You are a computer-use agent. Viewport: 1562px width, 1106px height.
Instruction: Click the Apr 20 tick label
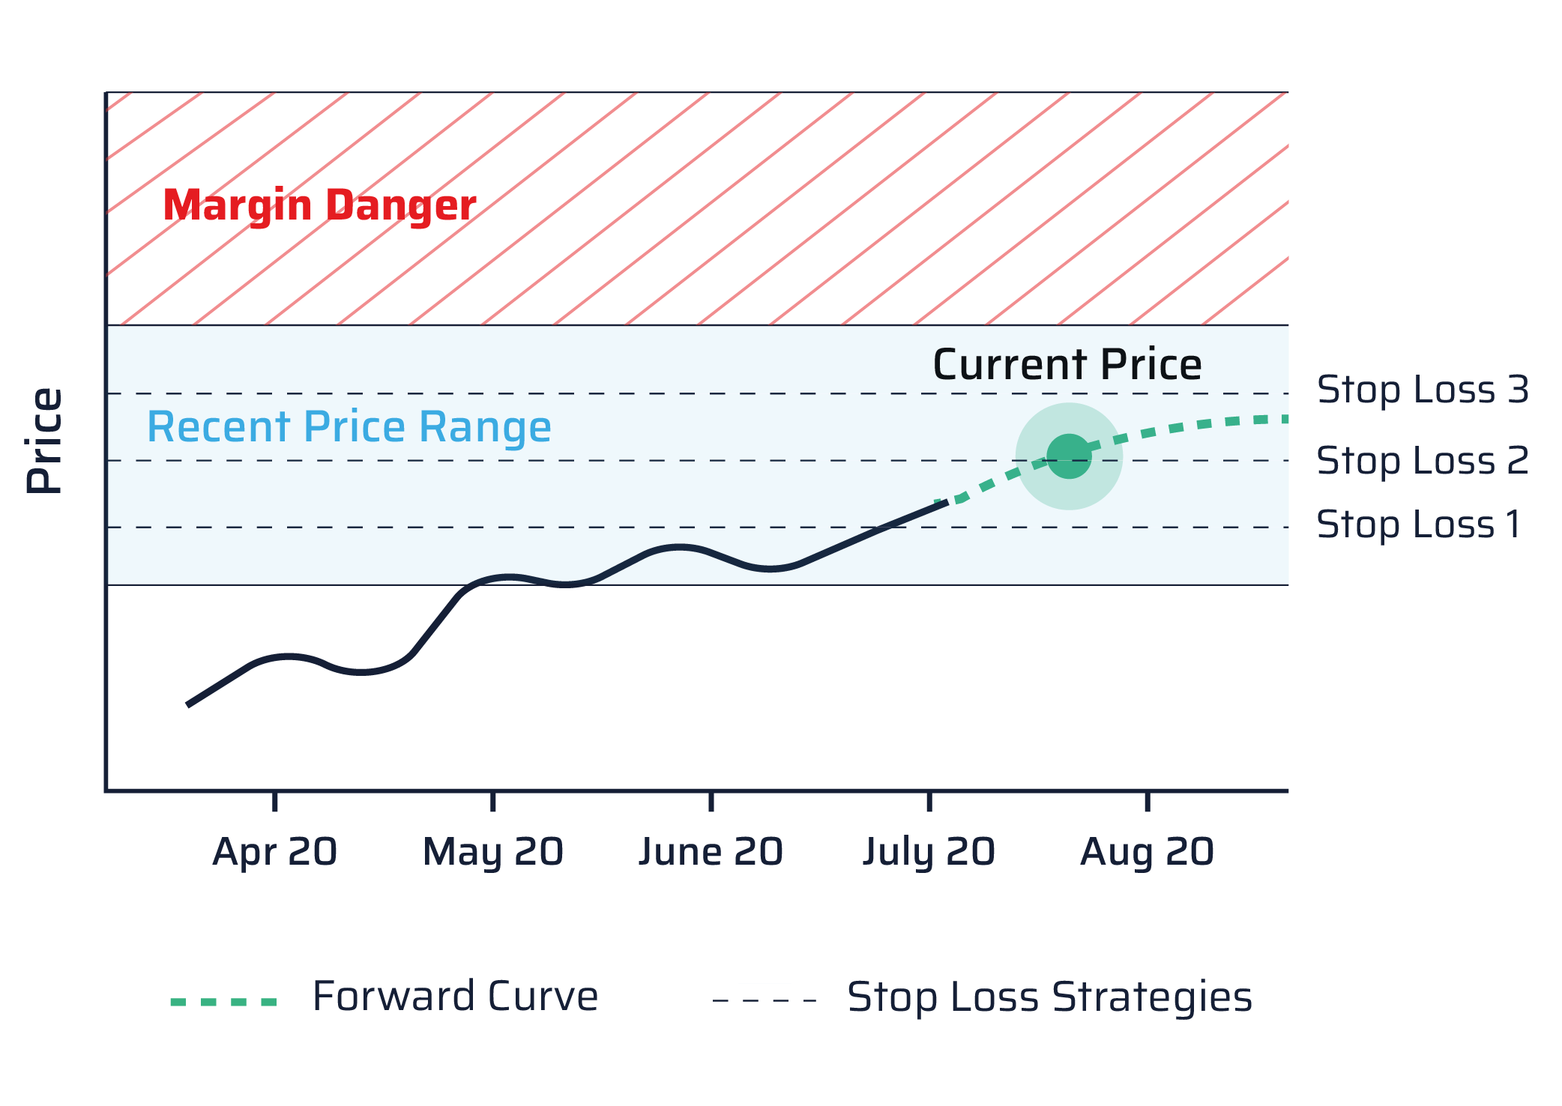[x=274, y=853]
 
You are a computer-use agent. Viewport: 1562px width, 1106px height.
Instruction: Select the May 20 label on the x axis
[x=493, y=853]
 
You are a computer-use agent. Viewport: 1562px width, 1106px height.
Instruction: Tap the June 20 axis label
[x=711, y=853]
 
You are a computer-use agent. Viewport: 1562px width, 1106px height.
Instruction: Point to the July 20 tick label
[x=929, y=853]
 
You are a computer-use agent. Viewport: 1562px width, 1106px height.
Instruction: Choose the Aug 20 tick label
[x=1147, y=853]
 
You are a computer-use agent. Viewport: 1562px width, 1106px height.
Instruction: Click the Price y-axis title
[x=45, y=441]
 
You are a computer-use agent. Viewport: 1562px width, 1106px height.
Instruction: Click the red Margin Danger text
[x=319, y=205]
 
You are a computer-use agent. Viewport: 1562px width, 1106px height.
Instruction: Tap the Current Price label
[x=1067, y=365]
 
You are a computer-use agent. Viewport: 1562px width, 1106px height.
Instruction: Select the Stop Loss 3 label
[x=1422, y=390]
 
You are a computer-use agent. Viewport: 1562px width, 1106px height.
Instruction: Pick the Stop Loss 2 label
[x=1422, y=460]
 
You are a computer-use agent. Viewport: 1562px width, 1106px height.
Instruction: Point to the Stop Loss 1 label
[x=1418, y=525]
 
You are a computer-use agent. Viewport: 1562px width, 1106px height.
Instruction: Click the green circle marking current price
[x=1069, y=456]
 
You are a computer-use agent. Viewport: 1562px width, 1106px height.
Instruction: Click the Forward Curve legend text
[x=455, y=997]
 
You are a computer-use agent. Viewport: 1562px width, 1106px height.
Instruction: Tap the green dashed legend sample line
[x=223, y=1001]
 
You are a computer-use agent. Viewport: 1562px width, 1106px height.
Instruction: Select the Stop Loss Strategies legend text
[x=1049, y=997]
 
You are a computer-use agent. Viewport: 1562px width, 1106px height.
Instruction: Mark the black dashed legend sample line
[x=765, y=1000]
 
